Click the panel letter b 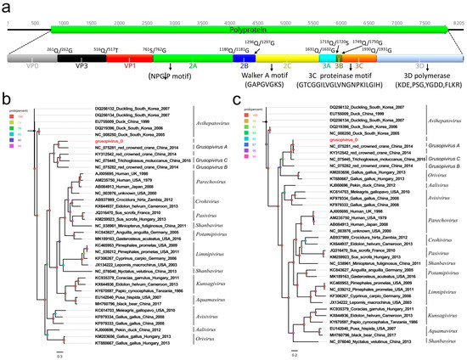[7, 103]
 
